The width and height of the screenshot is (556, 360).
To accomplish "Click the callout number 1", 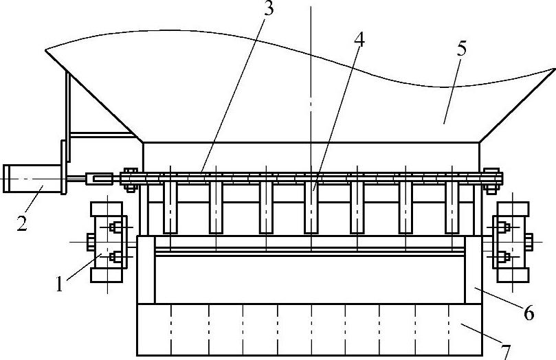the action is point(60,284).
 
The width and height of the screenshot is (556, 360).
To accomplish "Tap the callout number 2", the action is point(22,223).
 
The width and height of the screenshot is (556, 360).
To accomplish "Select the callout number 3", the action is point(269,9).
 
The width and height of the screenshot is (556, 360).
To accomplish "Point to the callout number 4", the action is point(359,41).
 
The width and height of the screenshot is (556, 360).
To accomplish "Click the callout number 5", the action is point(461,49).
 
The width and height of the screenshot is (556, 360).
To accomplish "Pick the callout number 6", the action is point(529,313).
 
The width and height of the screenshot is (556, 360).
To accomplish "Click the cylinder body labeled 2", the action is point(32,179).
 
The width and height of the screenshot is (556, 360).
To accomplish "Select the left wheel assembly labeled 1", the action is point(107,242).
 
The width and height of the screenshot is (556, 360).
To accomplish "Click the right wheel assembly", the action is point(513,242).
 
